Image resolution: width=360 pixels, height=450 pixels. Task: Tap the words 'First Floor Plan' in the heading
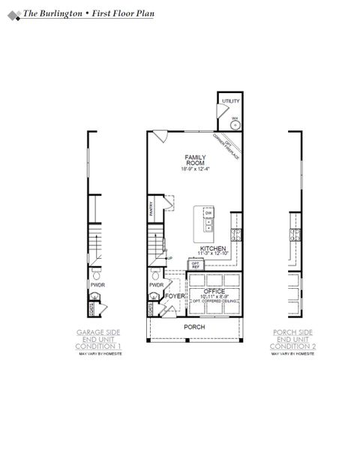click(123, 13)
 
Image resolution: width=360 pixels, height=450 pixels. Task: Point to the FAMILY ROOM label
click(195, 160)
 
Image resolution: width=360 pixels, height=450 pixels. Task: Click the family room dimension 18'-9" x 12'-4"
click(195, 169)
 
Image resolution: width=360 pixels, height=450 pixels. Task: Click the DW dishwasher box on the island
click(208, 213)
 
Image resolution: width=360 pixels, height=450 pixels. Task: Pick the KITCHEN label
click(213, 248)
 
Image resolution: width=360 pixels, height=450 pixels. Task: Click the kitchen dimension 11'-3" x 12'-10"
click(213, 254)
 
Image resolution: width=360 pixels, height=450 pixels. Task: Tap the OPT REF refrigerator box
click(195, 265)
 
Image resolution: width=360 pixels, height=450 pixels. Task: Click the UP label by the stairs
click(169, 259)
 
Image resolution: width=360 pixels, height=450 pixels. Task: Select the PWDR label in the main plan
click(156, 285)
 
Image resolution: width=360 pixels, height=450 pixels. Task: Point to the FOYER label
click(175, 296)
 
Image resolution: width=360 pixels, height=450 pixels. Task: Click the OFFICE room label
click(215, 291)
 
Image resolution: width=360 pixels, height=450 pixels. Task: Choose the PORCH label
click(194, 327)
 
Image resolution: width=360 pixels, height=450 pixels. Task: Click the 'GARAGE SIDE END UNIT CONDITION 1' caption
click(98, 339)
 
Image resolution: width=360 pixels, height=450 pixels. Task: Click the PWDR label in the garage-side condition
click(97, 285)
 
